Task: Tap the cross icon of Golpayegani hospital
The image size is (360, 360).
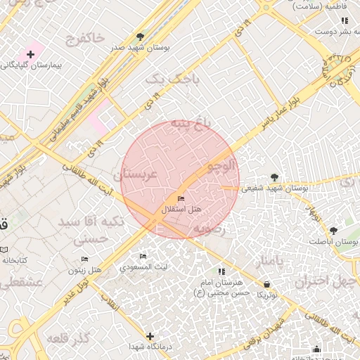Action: pos(30,54)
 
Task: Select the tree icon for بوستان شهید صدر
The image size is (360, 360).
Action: pos(141,36)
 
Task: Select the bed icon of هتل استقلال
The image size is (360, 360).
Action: pos(181,200)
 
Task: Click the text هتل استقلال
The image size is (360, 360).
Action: pos(182,210)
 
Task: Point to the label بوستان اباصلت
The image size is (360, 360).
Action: pos(333,241)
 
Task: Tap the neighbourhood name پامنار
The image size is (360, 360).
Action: pos(271,262)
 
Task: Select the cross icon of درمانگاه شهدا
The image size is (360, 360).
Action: pos(149,336)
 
